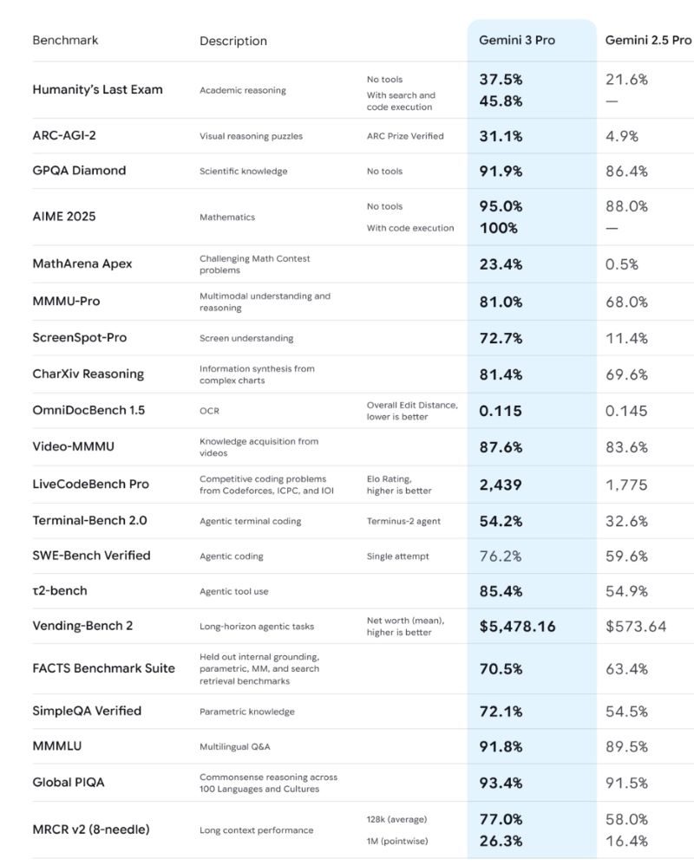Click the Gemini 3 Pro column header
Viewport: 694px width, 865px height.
(x=517, y=40)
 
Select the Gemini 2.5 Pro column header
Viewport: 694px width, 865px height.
(x=648, y=40)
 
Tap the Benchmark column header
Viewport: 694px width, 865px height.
(x=65, y=40)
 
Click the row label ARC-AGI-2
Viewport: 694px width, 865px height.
(x=64, y=135)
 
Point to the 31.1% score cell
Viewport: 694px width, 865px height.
(x=501, y=136)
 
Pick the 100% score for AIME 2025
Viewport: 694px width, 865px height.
(x=498, y=228)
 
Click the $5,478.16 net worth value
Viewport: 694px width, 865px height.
(x=517, y=626)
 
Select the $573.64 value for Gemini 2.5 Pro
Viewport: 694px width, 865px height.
(x=636, y=626)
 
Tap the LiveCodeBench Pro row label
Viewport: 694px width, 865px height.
(x=90, y=485)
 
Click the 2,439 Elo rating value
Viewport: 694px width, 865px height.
(x=501, y=485)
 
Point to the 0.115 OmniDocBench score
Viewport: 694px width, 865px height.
(x=501, y=411)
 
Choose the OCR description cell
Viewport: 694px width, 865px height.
(x=209, y=411)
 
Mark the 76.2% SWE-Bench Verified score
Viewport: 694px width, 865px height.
(x=501, y=556)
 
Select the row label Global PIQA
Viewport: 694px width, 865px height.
(x=69, y=782)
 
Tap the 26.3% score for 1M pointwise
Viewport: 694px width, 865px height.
(x=501, y=841)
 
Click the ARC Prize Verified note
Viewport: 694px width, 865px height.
(x=405, y=136)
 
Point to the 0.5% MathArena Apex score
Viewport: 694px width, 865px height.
(x=622, y=264)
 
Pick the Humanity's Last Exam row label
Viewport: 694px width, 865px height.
(x=97, y=89)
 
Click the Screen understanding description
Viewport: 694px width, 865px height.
(x=246, y=338)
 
